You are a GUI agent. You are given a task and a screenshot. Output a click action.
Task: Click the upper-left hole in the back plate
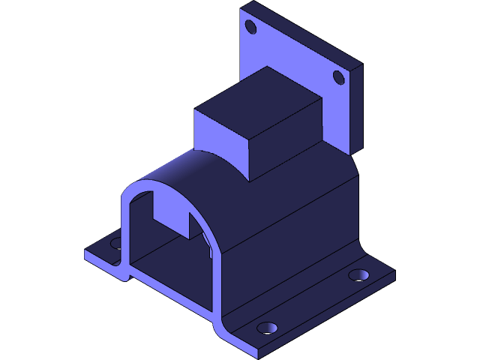251,28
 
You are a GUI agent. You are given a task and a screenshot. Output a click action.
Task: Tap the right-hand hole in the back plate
338,77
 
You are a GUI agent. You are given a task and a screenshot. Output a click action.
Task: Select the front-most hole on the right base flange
267,328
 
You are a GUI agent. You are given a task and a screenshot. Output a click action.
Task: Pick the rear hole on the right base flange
358,275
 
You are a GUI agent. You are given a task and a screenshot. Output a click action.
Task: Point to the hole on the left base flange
116,243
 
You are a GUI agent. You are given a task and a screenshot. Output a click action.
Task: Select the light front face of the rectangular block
220,139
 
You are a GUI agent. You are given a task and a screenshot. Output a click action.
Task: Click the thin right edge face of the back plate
355,109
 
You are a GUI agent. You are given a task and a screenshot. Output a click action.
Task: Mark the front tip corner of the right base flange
258,352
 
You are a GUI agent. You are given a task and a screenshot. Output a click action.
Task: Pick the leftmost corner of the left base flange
85,253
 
